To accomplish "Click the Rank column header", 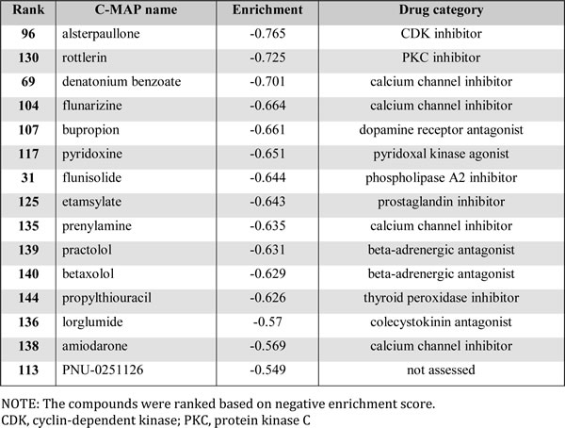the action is coord(28,9).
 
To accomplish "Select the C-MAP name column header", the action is coord(136,9).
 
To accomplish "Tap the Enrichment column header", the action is coord(267,9).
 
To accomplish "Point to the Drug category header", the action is coord(441,10).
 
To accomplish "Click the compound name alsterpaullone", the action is coord(101,34).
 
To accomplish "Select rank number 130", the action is coord(28,58).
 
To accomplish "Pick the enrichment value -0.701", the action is coord(267,82).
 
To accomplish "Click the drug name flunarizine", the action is coord(92,106).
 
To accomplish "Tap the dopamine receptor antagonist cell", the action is coord(441,130).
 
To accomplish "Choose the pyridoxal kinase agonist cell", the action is coord(441,154).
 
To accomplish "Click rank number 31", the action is coord(28,178).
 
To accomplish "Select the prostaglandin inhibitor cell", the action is coord(441,202).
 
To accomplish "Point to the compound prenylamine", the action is coord(97,226).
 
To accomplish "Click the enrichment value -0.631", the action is coord(267,250).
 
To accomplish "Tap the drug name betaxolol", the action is coord(88,274).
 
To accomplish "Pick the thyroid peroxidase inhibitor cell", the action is coord(441,298).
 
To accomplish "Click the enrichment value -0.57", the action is coord(267,321).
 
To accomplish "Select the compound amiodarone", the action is coord(95,346).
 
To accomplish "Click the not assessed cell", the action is coord(441,370).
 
